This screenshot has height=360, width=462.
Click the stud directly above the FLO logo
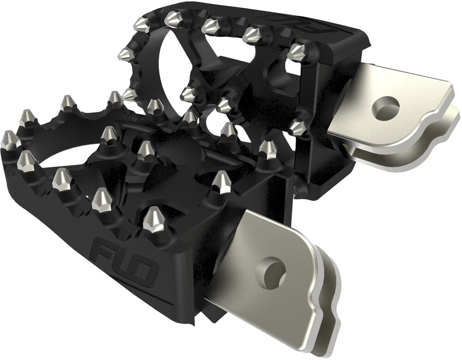(x=152, y=219)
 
